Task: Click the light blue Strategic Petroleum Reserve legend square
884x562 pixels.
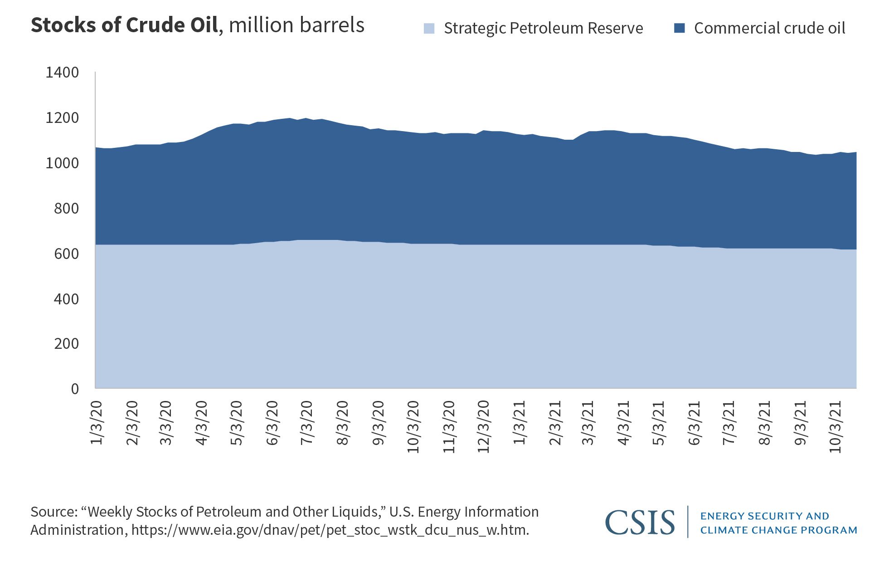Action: tap(429, 29)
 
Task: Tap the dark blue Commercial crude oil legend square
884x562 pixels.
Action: tap(679, 28)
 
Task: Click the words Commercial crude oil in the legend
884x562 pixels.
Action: tap(769, 28)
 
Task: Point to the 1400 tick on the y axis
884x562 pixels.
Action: tap(62, 73)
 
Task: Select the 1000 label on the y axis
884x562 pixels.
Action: tap(62, 163)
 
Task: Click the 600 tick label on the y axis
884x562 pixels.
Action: tap(66, 254)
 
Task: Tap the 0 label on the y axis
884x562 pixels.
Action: tap(75, 389)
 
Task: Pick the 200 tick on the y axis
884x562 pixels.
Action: tap(66, 344)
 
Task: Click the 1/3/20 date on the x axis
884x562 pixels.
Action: tap(97, 422)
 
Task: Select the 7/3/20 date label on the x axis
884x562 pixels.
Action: tap(307, 422)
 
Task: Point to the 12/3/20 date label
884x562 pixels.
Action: tap(484, 426)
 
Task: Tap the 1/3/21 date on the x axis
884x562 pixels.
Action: tap(519, 422)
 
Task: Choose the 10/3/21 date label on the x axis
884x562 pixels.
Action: tap(835, 426)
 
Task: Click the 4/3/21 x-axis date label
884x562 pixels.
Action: tap(624, 422)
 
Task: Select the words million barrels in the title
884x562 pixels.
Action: tap(296, 25)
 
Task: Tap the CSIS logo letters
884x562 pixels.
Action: tap(640, 523)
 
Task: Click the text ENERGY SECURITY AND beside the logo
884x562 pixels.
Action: tap(764, 516)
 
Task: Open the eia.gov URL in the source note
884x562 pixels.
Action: tap(330, 530)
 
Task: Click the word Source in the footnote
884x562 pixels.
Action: tap(53, 512)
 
